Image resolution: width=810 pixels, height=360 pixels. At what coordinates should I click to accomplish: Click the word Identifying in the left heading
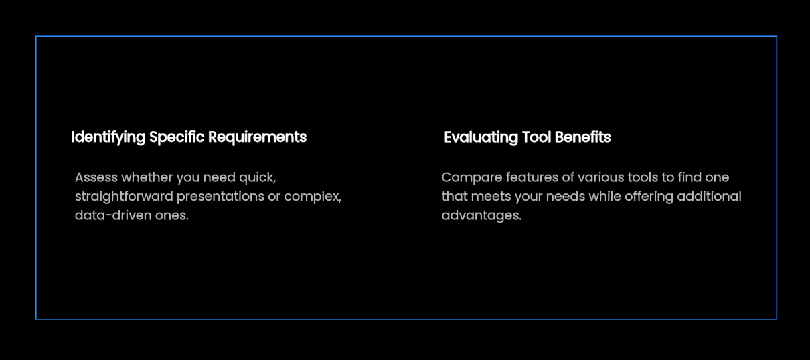pos(108,138)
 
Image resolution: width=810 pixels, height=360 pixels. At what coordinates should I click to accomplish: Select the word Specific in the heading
pos(177,138)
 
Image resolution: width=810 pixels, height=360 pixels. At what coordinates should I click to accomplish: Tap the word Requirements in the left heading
pos(258,137)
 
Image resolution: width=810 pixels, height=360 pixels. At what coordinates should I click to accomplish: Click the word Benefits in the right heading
pos(582,137)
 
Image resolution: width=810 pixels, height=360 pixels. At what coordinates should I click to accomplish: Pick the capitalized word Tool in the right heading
pos(537,137)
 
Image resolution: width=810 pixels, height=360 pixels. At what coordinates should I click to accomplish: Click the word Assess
pos(96,177)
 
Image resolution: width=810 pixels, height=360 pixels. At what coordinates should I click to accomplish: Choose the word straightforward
pos(124,197)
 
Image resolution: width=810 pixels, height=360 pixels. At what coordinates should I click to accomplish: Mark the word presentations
pos(221,197)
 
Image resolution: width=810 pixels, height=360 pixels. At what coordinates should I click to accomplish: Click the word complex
pos(313,197)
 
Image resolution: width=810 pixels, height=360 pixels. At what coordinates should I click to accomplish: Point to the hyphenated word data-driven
pos(113,215)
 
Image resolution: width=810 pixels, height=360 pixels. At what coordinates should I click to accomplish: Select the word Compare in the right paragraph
pos(472,178)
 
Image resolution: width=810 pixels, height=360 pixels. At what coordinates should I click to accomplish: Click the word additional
pos(709,197)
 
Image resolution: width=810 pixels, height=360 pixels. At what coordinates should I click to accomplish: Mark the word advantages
pos(482,216)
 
